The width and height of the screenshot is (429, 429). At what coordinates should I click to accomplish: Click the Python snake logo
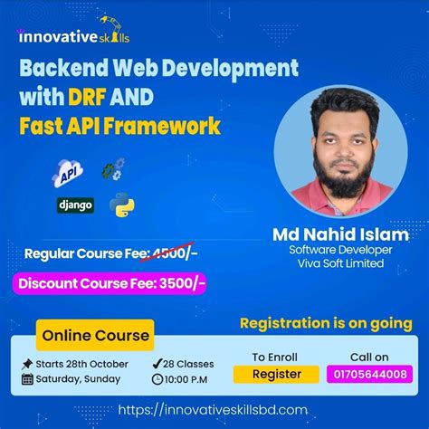point(121,205)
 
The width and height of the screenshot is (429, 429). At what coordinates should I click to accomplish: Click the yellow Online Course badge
point(94,335)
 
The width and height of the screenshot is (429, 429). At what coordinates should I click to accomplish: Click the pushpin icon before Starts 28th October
point(27,364)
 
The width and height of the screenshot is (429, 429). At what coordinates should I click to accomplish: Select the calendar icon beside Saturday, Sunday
point(27,379)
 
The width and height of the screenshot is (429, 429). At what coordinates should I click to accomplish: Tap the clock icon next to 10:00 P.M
point(157,379)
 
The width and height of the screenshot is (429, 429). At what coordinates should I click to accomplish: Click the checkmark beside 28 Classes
point(157,364)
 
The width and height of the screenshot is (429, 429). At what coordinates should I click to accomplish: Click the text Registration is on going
point(326,323)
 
